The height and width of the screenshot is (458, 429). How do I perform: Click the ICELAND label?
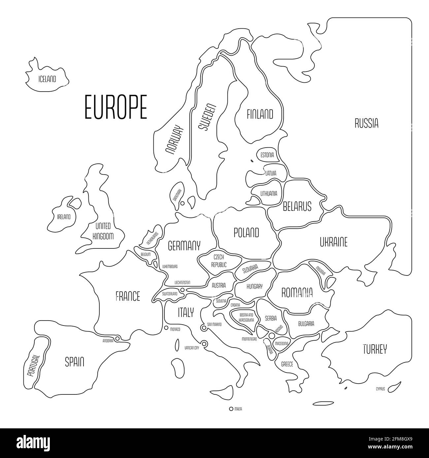pos(47,79)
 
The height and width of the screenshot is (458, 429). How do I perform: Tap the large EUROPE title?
pos(116,107)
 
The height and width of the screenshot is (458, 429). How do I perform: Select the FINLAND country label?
pos(260,114)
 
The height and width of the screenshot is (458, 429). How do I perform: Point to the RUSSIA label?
pos(366,124)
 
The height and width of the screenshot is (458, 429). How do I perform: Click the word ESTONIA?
pos(267,155)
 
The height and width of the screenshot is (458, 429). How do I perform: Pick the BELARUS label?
pos(297,207)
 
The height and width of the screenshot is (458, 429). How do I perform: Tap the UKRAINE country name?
pos(333,243)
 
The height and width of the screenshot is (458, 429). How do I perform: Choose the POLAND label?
pos(246,233)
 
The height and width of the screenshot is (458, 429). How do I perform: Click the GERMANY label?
pos(184,246)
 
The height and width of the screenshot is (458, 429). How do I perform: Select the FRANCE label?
pos(128,296)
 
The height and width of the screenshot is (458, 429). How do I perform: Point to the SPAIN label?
pos(74,362)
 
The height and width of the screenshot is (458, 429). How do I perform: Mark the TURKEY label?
pos(375,349)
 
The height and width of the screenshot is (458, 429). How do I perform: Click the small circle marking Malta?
pos(231,409)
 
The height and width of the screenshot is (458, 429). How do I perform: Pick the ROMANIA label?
pos(297,292)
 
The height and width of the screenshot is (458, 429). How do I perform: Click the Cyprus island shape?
pos(393,389)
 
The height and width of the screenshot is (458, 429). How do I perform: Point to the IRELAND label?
pos(64,217)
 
